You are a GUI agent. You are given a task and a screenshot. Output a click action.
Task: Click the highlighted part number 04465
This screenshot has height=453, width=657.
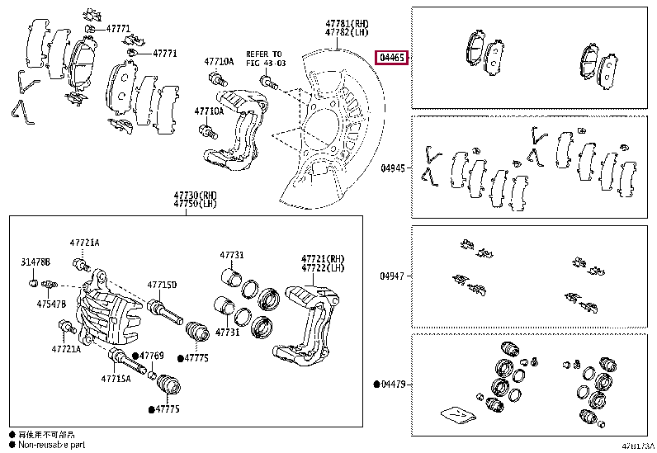pos(390,58)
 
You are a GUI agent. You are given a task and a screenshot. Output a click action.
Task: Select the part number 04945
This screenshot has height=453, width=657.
pos(393,168)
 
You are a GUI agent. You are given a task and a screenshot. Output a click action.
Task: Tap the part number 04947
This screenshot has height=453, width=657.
pos(393,276)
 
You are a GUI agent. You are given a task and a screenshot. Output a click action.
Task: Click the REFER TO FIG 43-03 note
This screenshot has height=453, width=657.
pos(263,58)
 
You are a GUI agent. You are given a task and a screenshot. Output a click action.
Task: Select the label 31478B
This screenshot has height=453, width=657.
pos(35,262)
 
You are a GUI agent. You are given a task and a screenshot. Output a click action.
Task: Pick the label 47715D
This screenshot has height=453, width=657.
pos(162,285)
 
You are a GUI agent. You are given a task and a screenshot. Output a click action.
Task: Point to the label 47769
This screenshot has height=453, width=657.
pos(152,356)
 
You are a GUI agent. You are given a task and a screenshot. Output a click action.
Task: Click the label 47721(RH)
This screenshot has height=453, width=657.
pos(321,258)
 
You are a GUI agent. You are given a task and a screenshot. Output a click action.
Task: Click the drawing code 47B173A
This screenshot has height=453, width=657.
pos(637,446)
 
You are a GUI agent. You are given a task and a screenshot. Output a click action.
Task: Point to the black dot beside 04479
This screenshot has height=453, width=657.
pos(376,384)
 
